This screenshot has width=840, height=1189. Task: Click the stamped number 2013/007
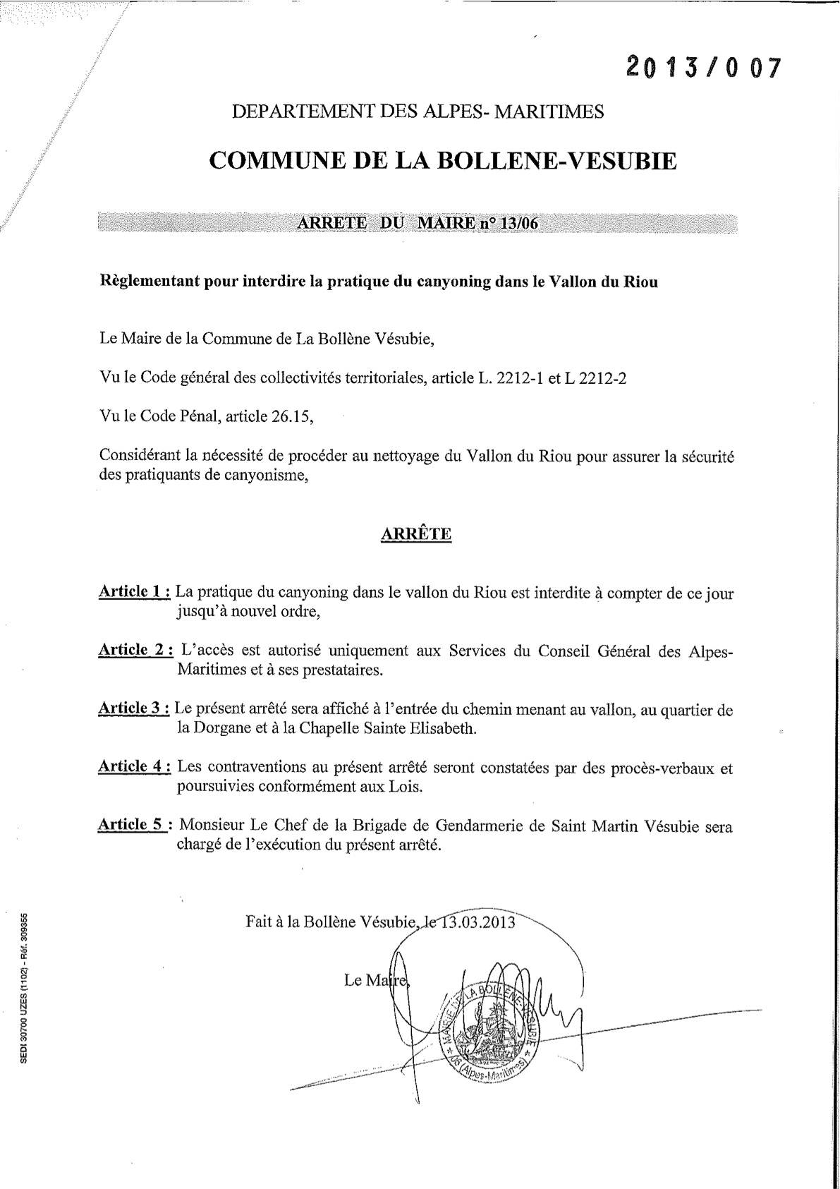coord(704,68)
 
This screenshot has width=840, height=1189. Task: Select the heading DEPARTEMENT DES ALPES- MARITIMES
coord(418,111)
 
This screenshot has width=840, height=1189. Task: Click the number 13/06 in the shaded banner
coord(518,223)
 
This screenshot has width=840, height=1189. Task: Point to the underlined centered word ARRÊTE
coord(415,533)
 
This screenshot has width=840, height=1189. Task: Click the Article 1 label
coord(134,591)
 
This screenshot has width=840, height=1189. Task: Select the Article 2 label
coord(135,650)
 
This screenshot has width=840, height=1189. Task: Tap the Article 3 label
coord(134,708)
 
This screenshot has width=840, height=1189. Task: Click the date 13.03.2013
coord(479,922)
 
